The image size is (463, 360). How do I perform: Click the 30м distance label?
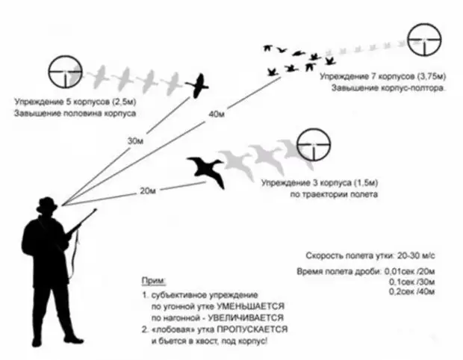point(135,141)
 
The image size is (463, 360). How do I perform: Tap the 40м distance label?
point(217,114)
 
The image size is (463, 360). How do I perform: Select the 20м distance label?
point(148,191)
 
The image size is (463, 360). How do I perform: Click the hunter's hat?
point(46,205)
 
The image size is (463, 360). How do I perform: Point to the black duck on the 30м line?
point(198,86)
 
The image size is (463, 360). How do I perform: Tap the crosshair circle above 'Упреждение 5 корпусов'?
point(65,72)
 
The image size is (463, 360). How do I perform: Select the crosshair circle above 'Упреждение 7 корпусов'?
point(424,40)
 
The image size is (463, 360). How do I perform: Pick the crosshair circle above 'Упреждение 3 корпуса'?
point(314,145)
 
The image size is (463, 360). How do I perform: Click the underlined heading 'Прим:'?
point(154,281)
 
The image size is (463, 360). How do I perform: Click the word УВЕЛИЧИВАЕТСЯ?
point(246,318)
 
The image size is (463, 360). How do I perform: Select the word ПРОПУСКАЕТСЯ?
point(252,329)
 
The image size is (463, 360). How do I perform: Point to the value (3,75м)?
point(432,76)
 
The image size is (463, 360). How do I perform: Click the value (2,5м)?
point(123,102)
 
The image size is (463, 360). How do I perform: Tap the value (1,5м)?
point(365,183)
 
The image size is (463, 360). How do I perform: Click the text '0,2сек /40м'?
point(411,292)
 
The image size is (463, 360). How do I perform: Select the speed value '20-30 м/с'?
point(416,255)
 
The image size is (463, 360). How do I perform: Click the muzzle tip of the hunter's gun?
point(96,210)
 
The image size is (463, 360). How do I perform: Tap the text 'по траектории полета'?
point(334,195)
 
